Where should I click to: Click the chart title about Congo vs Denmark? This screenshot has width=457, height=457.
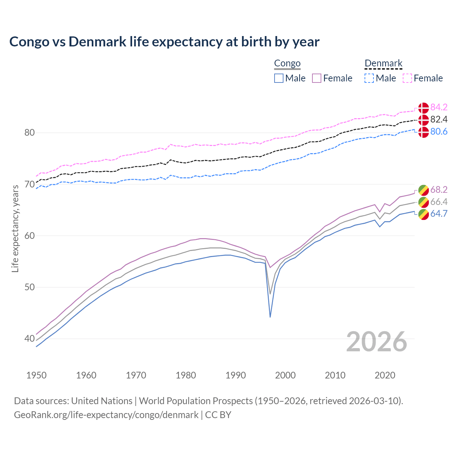click(164, 42)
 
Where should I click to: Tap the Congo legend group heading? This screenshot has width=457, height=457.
click(287, 64)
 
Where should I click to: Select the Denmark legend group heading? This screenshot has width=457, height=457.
click(383, 64)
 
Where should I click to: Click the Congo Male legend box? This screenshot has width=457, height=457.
click(279, 78)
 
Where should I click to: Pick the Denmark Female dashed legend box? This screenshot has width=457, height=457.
click(407, 78)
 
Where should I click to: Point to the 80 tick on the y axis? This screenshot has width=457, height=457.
click(29, 133)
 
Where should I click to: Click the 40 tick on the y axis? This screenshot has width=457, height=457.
click(29, 338)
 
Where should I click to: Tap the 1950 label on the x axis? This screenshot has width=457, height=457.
click(36, 375)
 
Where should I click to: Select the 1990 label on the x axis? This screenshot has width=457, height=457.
click(236, 375)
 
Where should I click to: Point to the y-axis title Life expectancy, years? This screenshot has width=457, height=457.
click(15, 228)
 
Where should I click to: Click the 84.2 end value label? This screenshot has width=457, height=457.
click(439, 107)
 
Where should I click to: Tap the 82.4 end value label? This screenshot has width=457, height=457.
click(439, 119)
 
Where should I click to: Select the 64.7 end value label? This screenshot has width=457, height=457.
click(439, 214)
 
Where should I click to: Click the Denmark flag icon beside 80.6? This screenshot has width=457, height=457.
click(423, 132)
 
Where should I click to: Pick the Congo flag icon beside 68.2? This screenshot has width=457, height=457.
click(423, 190)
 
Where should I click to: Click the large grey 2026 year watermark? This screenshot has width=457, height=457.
click(377, 342)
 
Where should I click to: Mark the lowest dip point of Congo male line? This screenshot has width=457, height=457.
click(270, 317)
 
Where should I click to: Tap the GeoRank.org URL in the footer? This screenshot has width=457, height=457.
click(106, 415)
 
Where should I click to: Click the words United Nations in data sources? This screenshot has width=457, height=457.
click(102, 401)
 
